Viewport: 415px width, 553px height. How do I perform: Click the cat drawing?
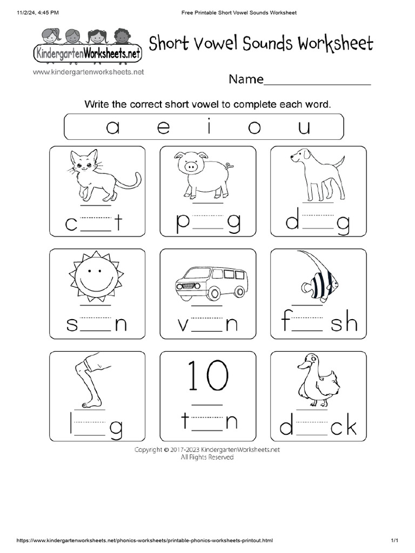[100, 176]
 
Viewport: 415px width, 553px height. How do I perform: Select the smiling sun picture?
[97, 276]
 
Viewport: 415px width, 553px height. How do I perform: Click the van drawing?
[211, 282]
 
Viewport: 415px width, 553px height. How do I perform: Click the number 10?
[207, 376]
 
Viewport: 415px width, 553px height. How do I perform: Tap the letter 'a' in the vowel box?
[112, 127]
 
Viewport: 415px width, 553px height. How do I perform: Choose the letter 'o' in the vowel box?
[254, 128]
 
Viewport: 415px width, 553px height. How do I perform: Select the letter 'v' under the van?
[184, 325]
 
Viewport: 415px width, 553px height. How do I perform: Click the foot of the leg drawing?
[91, 403]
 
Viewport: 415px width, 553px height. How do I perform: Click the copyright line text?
[207, 449]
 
